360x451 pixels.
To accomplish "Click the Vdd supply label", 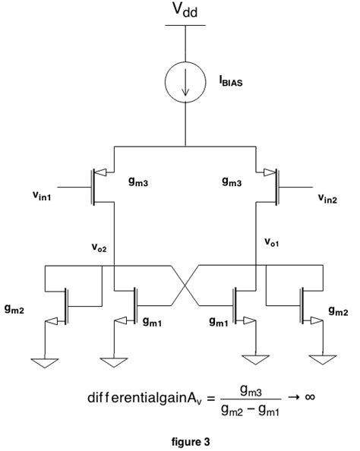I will click(185, 11).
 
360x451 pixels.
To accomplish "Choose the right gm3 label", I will click(232, 181).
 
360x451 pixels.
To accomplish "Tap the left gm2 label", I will click(21, 311).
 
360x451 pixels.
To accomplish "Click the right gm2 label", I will click(339, 311).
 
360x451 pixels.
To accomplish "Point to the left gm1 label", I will click(153, 321).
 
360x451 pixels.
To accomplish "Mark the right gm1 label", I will click(220, 321).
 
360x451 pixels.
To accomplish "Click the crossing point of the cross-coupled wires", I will click(185, 286).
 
